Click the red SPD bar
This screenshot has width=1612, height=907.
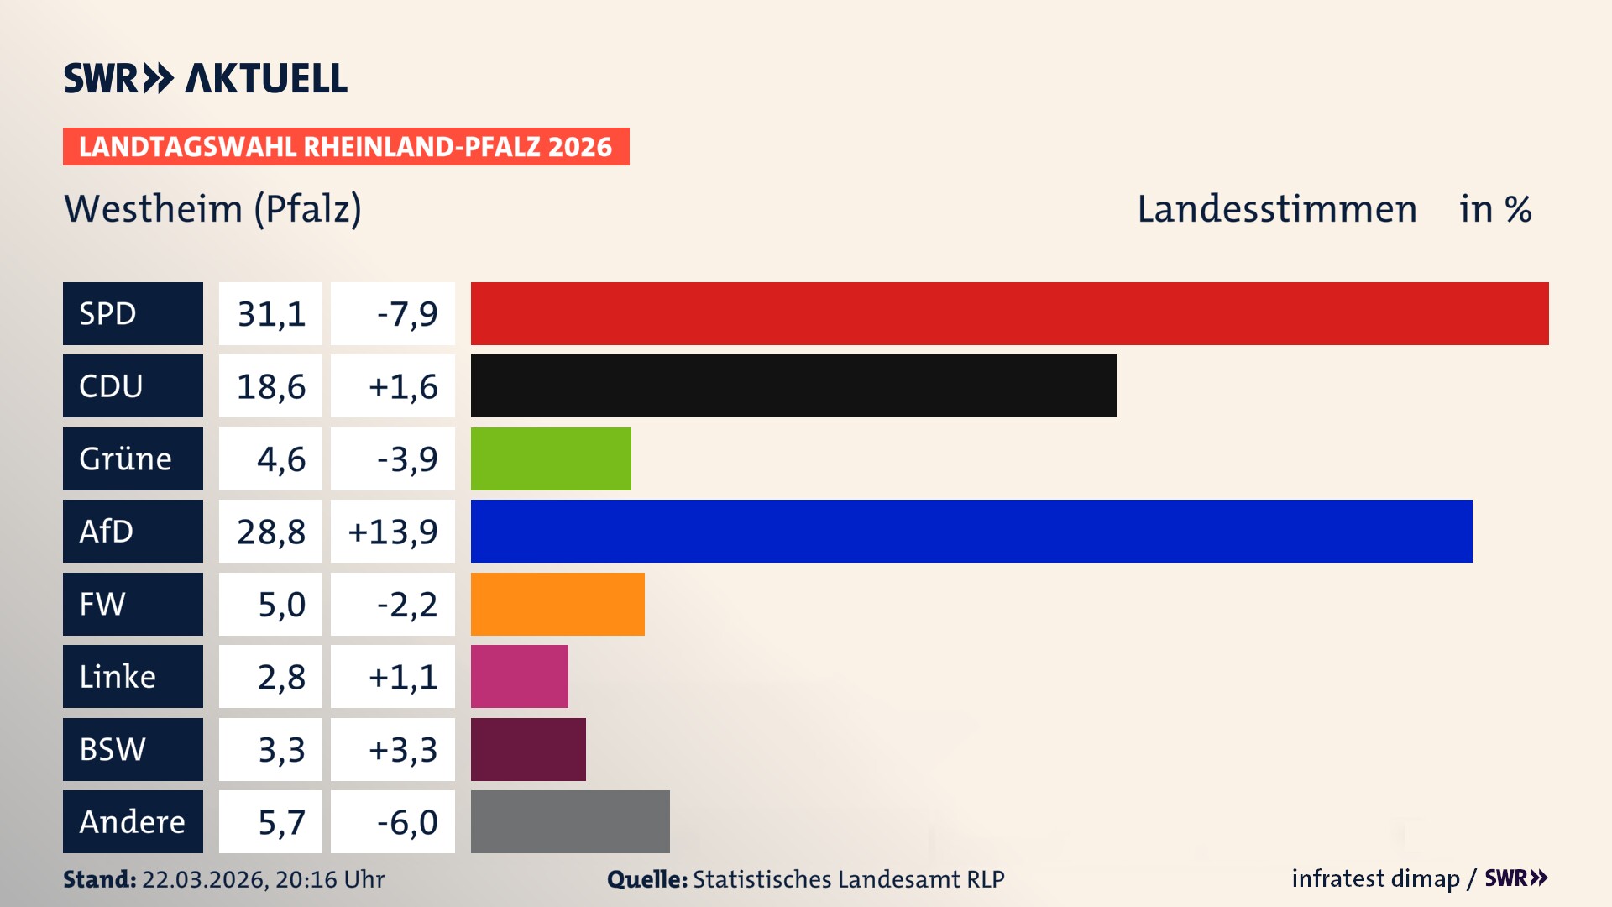click(x=1009, y=313)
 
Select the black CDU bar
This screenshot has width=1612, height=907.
click(x=793, y=385)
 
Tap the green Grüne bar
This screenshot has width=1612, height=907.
click(x=551, y=459)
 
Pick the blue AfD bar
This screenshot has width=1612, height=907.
click(x=971, y=531)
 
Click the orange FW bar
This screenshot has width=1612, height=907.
click(x=557, y=604)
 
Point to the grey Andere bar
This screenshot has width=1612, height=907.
click(x=570, y=821)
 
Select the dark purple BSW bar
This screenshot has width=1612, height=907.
click(x=528, y=749)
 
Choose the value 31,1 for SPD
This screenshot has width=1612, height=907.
click(x=270, y=313)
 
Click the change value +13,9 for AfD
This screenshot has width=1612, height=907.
click(x=393, y=531)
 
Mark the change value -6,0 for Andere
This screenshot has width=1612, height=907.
click(x=406, y=821)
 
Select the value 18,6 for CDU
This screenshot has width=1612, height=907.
click(x=270, y=385)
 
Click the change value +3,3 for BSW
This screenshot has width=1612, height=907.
click(x=403, y=749)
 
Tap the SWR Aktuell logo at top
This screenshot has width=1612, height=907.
click(x=205, y=78)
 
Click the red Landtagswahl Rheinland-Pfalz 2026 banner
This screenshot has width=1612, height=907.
click(x=346, y=147)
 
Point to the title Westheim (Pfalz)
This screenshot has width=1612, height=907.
click(x=212, y=208)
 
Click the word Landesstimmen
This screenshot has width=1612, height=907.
click(x=1276, y=208)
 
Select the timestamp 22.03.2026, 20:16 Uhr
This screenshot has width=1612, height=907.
click(x=263, y=879)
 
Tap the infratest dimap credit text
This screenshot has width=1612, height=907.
click(x=1374, y=878)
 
